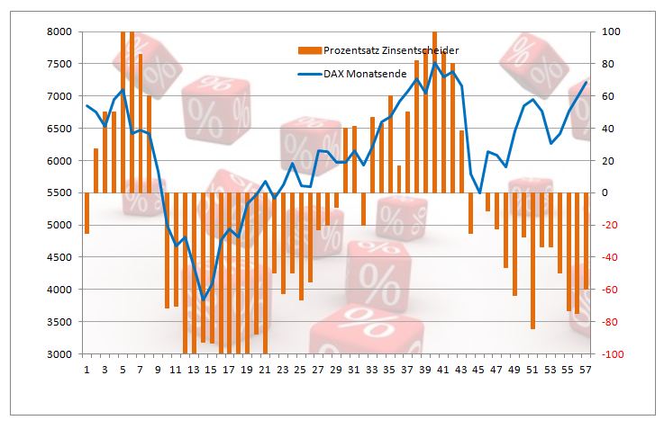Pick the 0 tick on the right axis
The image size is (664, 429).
605,192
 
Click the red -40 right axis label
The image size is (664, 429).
610,257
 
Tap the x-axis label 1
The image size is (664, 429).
86,369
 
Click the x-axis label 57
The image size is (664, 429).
586,369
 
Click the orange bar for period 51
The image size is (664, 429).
532,260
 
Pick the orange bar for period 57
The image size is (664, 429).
586,240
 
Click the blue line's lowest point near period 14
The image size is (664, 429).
203,299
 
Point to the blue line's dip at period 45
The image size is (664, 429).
479,192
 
